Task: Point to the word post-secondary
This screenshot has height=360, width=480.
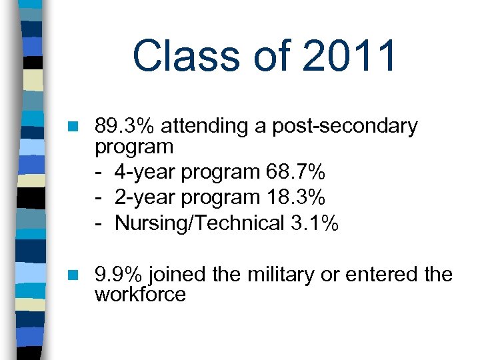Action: coord(345,126)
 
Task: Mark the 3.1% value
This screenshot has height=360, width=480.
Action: coord(315,223)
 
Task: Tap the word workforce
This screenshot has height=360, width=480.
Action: coord(140,295)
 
